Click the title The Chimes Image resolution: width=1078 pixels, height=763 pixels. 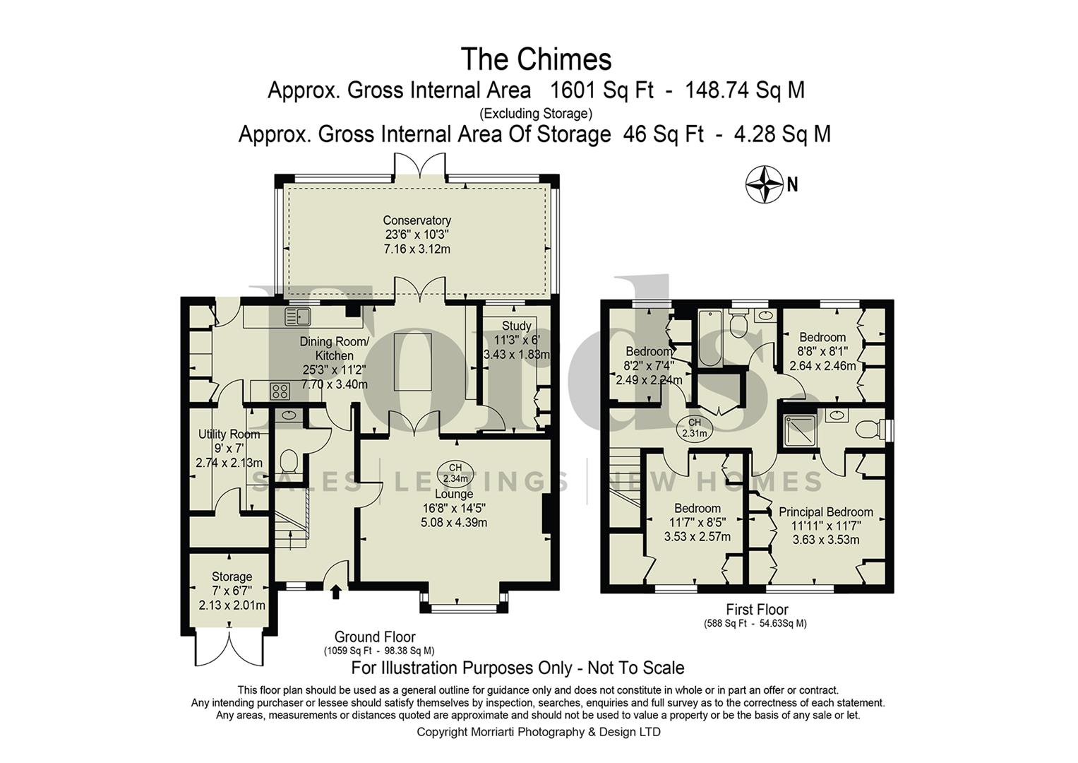[536, 59]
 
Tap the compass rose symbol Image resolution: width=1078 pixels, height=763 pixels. [765, 185]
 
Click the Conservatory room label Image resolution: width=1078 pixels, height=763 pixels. [417, 220]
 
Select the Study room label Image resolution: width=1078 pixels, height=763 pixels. [516, 326]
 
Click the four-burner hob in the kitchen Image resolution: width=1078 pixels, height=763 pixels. [280, 391]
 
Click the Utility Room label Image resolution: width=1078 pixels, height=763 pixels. [229, 434]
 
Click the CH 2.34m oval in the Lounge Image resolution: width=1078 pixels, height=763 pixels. [455, 473]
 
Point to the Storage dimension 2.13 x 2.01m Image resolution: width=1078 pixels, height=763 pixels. [232, 605]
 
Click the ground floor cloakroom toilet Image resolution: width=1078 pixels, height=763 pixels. [288, 462]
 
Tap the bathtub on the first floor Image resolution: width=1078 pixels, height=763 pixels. [708, 338]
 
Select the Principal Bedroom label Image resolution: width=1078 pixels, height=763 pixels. [825, 512]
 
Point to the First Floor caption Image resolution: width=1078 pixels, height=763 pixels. [757, 609]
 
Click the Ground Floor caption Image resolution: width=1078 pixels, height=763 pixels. [375, 637]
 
